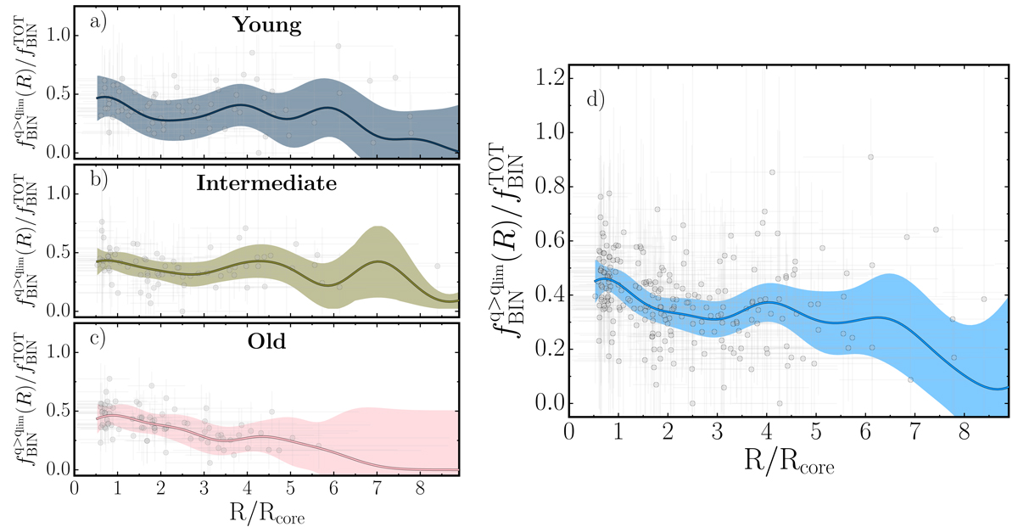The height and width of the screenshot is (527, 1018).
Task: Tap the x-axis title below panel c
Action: coord(266,513)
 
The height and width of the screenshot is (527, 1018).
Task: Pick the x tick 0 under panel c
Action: coord(75,489)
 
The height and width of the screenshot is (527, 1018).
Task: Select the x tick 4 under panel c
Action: coord(247,489)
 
